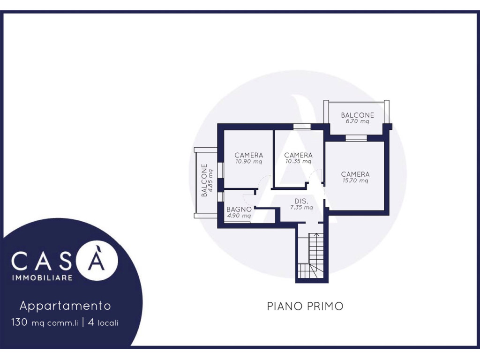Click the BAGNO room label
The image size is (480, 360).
point(239,210)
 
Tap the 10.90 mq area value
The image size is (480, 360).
point(248,161)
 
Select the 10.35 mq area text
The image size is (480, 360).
point(298,161)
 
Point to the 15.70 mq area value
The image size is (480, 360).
point(355,180)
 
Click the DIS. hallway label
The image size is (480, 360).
point(301,201)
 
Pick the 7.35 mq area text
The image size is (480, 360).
point(301,208)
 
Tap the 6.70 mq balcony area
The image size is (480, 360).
point(358,121)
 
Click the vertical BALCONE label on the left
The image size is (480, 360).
point(204,180)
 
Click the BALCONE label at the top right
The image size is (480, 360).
point(358,115)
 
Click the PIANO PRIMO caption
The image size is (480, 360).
point(305,306)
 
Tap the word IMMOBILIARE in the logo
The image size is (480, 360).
point(42,277)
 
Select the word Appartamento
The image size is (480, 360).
point(65,306)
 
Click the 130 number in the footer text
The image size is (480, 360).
point(20,322)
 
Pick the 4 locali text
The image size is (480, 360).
point(103,322)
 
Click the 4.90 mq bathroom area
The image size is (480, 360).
point(239,216)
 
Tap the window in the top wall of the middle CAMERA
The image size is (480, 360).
point(302,127)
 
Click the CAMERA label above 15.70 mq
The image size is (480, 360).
point(355,174)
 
